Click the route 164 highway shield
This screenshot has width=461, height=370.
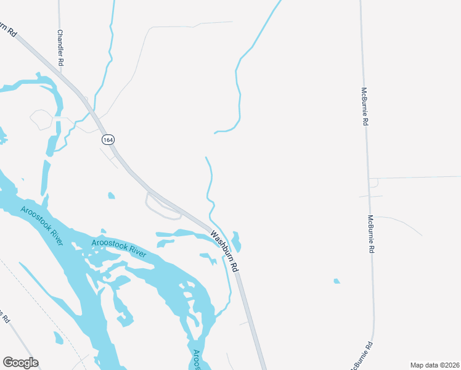pos(108,140)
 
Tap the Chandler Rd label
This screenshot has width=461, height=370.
pos(60,48)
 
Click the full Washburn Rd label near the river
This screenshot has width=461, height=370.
pos(224,252)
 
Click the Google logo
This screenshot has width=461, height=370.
pos(20,363)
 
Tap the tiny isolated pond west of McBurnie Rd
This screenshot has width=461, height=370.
pos(337,281)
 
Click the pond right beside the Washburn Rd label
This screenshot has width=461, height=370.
pos(236,241)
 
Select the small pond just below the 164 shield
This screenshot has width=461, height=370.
pos(111,196)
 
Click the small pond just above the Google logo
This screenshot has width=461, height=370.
pos(58,338)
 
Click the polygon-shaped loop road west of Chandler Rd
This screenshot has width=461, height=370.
pos(41,120)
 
